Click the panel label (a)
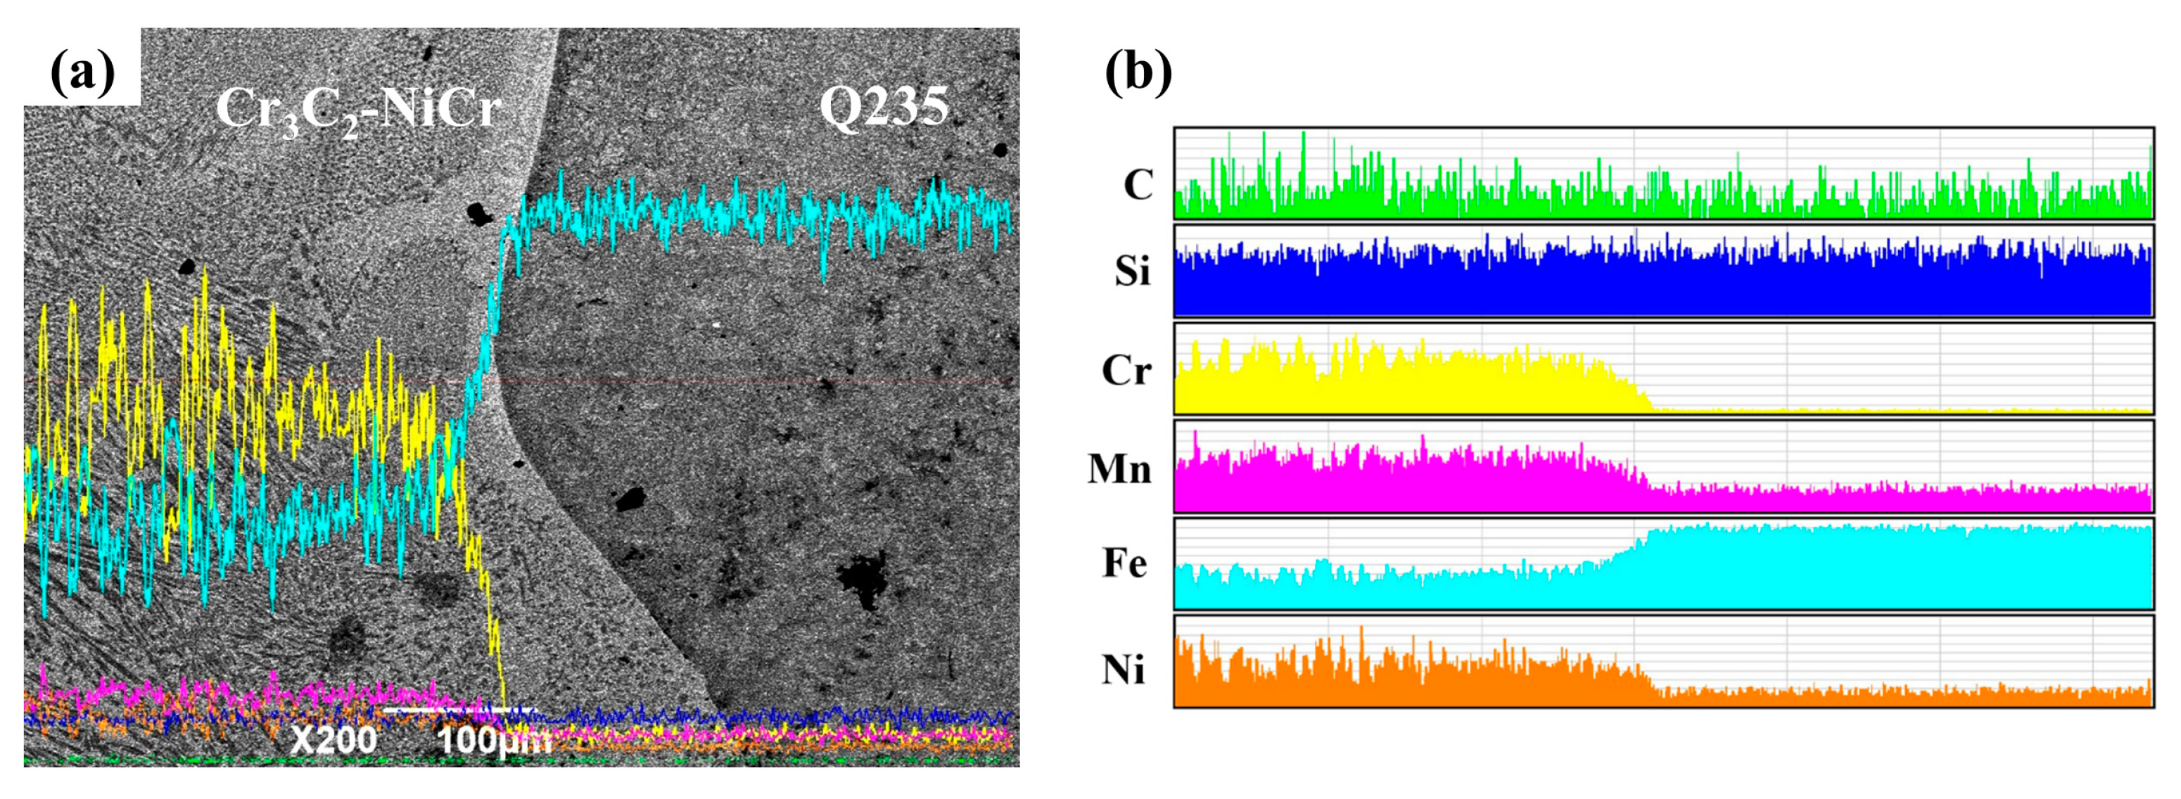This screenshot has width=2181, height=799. click(82, 71)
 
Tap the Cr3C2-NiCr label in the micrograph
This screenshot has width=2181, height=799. click(359, 110)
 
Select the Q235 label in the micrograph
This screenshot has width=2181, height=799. click(883, 108)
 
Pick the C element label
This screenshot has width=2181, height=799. click(1138, 184)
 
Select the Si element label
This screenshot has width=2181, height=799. click(1132, 271)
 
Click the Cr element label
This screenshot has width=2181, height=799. click(1126, 370)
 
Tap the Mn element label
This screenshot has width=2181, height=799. click(1119, 468)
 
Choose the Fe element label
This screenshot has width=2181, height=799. click(1124, 563)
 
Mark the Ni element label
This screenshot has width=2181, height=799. click(1123, 669)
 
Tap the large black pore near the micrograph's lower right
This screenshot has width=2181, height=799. click(862, 580)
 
